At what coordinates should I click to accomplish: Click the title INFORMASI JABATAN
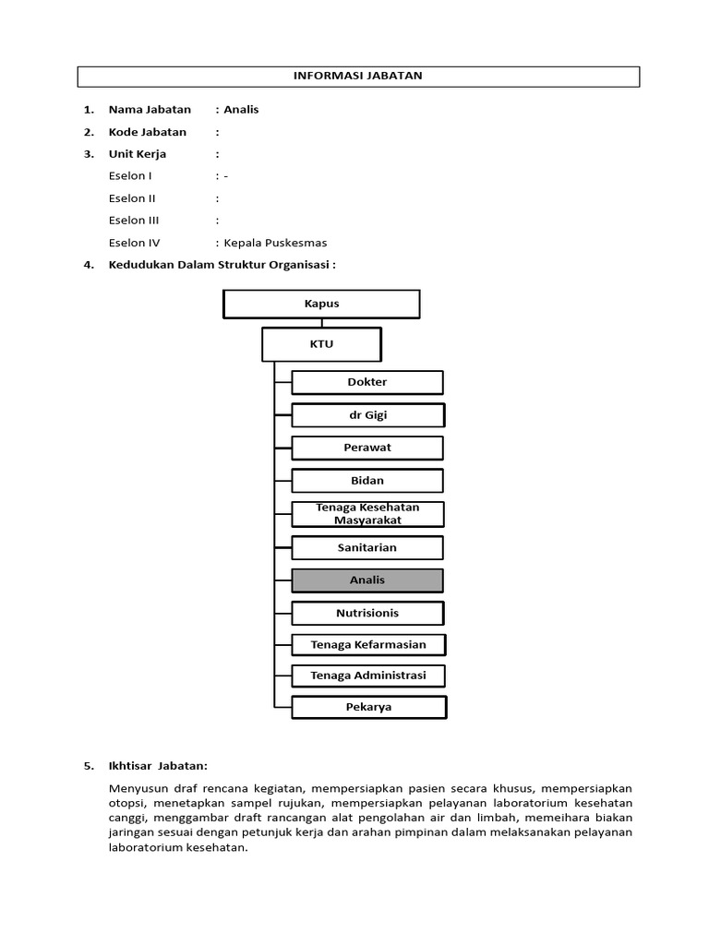pos(357,76)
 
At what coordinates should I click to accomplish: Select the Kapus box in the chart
pos(321,304)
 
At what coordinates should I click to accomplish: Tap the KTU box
pos(321,344)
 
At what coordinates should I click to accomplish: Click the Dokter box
pos(367,382)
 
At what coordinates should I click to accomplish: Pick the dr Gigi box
pos(367,415)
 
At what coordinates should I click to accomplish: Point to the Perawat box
pos(367,448)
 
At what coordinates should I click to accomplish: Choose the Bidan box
pos(367,481)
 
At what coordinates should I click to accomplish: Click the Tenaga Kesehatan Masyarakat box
pos(367,514)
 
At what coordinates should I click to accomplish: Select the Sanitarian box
pos(367,547)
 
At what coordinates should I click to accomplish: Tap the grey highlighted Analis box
pos(367,580)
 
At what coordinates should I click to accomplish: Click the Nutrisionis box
pos(367,613)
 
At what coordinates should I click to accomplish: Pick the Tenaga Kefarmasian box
pos(368,645)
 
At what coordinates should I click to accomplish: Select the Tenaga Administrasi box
pos(368,676)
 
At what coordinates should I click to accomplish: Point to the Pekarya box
pos(368,707)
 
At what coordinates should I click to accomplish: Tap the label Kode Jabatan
pos(148,132)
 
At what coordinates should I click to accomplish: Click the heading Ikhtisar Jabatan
pos(158,766)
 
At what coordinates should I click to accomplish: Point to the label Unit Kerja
pos(138,154)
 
